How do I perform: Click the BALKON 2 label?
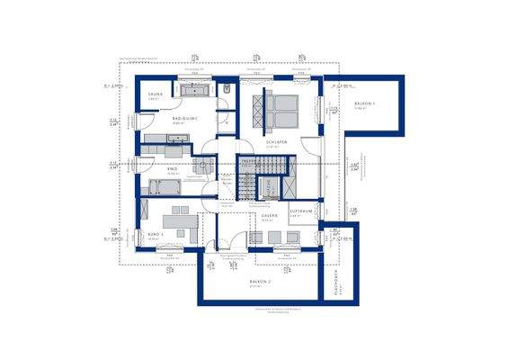pos(260,283)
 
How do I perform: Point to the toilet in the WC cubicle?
pos(228,90)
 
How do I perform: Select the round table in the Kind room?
pos(202,166)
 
